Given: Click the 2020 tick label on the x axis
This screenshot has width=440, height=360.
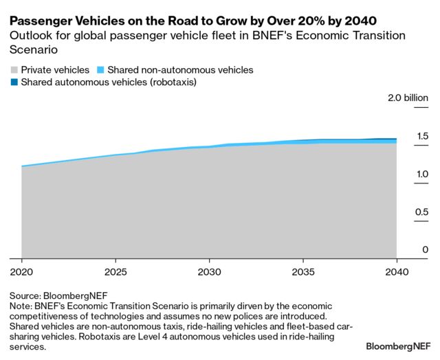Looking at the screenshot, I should (x=22, y=271).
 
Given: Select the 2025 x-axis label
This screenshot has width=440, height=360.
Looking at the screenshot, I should (x=115, y=271).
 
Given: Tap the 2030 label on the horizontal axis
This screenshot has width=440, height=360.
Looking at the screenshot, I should (x=210, y=271).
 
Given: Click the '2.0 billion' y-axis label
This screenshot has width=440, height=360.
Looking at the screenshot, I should (x=407, y=98).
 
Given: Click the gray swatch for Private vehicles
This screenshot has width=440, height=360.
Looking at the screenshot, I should (x=14, y=70).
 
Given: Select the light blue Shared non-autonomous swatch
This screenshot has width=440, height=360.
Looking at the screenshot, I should (x=101, y=70).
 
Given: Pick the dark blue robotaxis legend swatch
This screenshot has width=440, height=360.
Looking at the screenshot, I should (x=14, y=82).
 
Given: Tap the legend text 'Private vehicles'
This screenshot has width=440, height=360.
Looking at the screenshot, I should (x=54, y=70).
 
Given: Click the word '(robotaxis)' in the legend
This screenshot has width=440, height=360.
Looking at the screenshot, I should (x=170, y=82).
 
